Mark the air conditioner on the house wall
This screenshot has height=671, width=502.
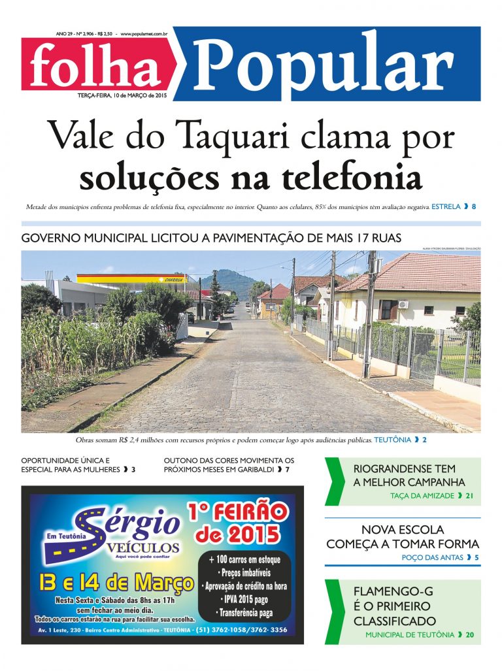[x=403, y=304]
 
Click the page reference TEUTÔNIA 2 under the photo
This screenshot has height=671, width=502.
[x=400, y=440]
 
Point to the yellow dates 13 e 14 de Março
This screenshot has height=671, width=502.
[x=116, y=582]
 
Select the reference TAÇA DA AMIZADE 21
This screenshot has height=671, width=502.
[x=431, y=496]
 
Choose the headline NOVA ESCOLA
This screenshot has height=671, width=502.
[x=402, y=529]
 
